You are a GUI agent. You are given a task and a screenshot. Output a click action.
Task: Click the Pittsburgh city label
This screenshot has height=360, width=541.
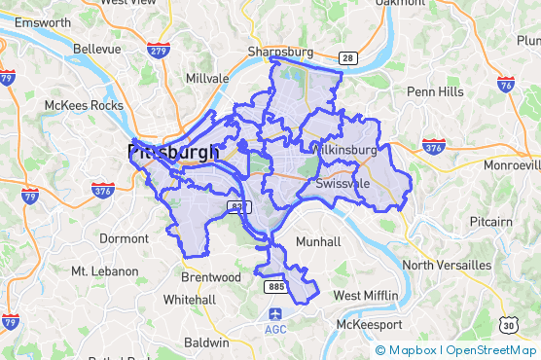click(x=173, y=153)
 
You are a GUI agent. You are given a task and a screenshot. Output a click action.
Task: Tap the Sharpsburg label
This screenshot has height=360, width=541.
click(x=281, y=52)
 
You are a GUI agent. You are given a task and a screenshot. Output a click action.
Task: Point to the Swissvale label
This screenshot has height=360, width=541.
click(x=343, y=183)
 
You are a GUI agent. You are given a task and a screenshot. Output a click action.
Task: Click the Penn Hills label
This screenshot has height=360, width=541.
click(x=435, y=91)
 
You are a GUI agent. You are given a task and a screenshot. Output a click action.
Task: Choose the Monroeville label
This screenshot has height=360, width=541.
click(x=512, y=165)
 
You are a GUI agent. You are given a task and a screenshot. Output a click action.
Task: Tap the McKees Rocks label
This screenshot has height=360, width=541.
click(x=83, y=105)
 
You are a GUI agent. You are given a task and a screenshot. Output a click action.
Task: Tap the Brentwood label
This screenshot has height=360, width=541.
click(x=211, y=277)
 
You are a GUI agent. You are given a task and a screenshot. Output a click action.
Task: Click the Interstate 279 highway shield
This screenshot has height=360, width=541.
click(x=156, y=49)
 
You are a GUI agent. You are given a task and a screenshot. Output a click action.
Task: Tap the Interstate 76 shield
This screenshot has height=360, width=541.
click(x=505, y=85)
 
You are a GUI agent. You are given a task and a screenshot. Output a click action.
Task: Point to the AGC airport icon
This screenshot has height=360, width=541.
click(x=276, y=314)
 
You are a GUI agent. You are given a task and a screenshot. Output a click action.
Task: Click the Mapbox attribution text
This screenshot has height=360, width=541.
click(x=414, y=350)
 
